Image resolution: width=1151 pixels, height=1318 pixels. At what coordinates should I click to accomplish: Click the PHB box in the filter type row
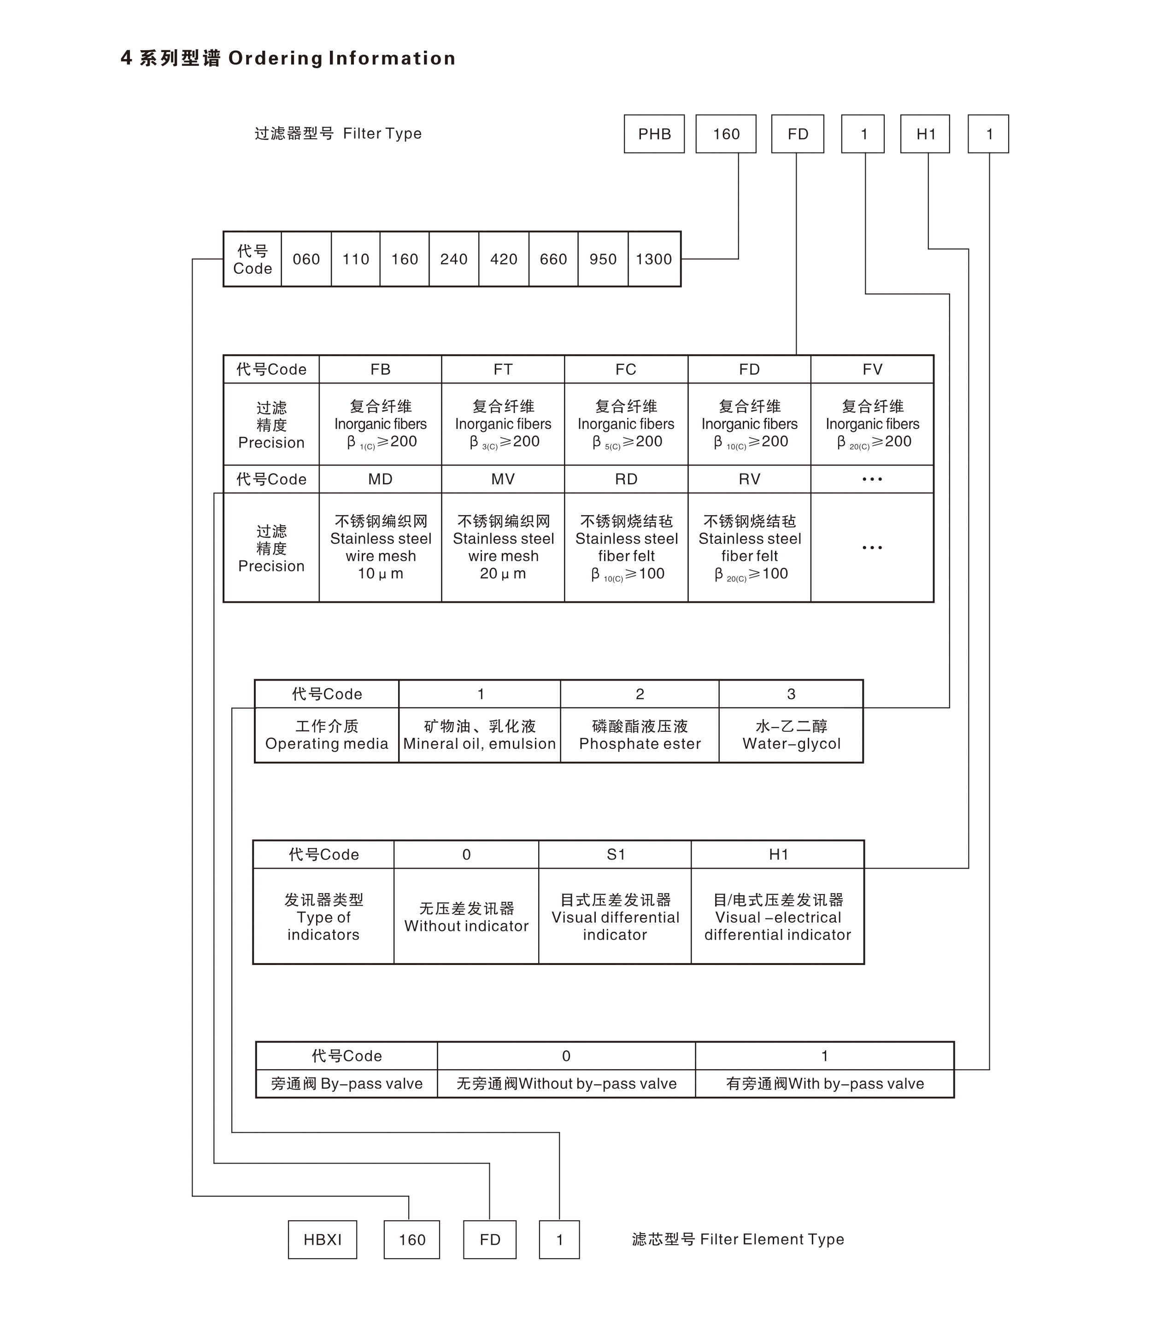[654, 134]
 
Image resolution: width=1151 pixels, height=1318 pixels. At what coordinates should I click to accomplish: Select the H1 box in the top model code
[925, 134]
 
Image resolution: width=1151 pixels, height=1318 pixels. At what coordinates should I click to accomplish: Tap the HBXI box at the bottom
[323, 1240]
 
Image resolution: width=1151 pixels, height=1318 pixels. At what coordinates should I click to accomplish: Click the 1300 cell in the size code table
[654, 259]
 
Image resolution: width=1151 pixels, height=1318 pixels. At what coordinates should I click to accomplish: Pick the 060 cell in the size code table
[306, 259]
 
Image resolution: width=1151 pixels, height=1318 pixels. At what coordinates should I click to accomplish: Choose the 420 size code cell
[504, 259]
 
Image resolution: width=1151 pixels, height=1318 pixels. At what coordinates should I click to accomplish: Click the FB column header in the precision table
[380, 369]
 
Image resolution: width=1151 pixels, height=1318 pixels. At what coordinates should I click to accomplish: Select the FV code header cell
[872, 369]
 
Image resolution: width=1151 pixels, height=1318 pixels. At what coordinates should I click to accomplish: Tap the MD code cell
[380, 479]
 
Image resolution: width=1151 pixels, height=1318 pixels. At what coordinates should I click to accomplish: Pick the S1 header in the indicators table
[615, 854]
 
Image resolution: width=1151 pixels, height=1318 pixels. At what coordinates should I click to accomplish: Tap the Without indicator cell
[466, 917]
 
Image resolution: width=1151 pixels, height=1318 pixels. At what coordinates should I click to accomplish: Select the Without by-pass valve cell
[566, 1083]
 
